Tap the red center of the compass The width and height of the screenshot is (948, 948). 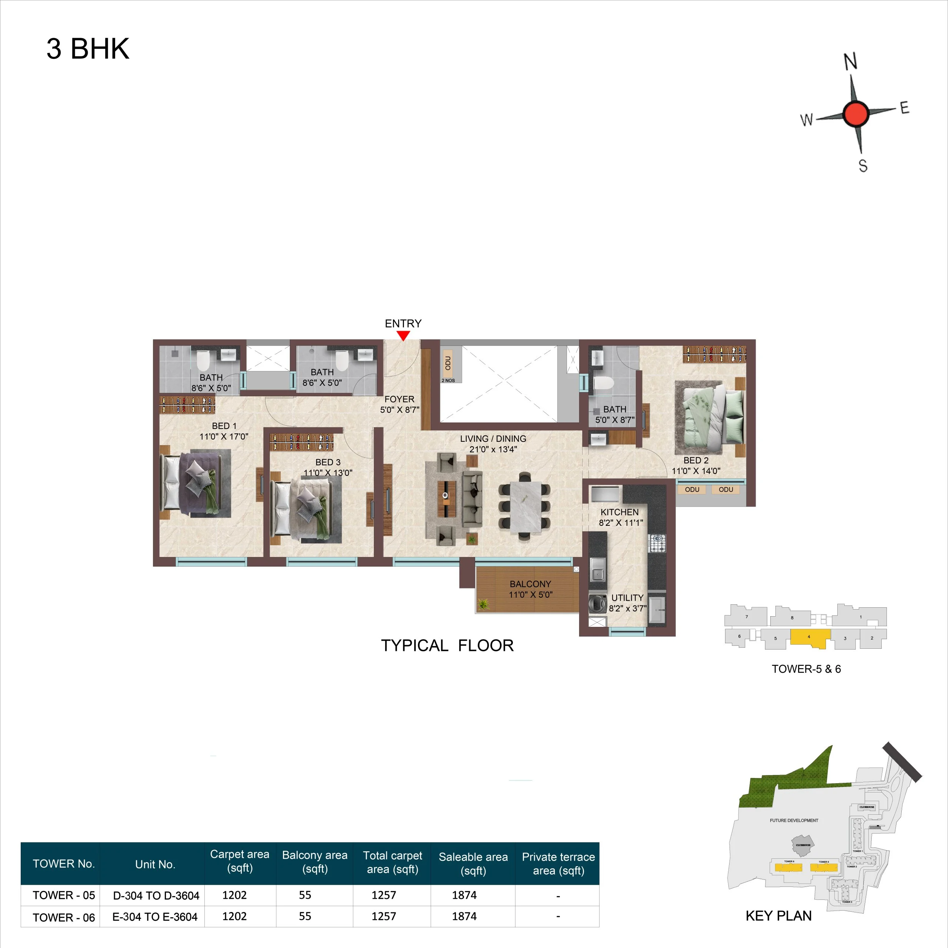point(856,113)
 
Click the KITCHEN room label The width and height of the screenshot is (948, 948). point(619,512)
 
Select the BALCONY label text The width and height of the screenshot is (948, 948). point(530,584)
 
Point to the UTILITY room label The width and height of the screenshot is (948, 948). point(627,598)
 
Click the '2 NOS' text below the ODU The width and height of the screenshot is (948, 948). point(448,380)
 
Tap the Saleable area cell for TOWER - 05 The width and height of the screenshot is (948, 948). point(464,895)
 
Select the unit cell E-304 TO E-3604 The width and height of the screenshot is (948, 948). point(155,917)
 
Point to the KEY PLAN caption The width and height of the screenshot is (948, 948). point(778,916)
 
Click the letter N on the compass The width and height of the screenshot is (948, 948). point(850,61)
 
